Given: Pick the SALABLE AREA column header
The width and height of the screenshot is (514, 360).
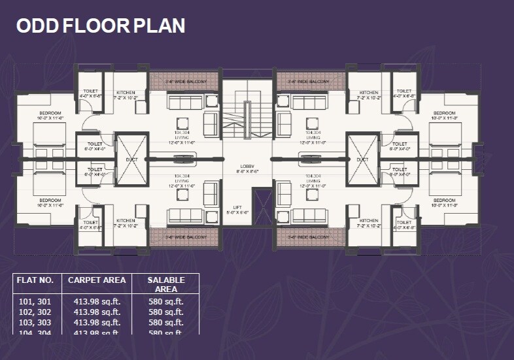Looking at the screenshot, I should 166,284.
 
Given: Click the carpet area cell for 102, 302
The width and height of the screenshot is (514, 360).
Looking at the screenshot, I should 96,312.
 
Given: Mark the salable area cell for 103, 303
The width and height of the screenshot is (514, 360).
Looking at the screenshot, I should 166,323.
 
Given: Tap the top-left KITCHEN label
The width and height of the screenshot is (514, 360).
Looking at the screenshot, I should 126,93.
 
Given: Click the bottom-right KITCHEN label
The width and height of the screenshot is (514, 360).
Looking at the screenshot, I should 369,221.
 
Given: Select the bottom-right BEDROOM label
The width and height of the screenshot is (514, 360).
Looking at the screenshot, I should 444,200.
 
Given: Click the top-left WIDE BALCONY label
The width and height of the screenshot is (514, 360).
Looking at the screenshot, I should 186,82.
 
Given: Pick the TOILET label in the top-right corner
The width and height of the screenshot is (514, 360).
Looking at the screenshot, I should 404,91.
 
